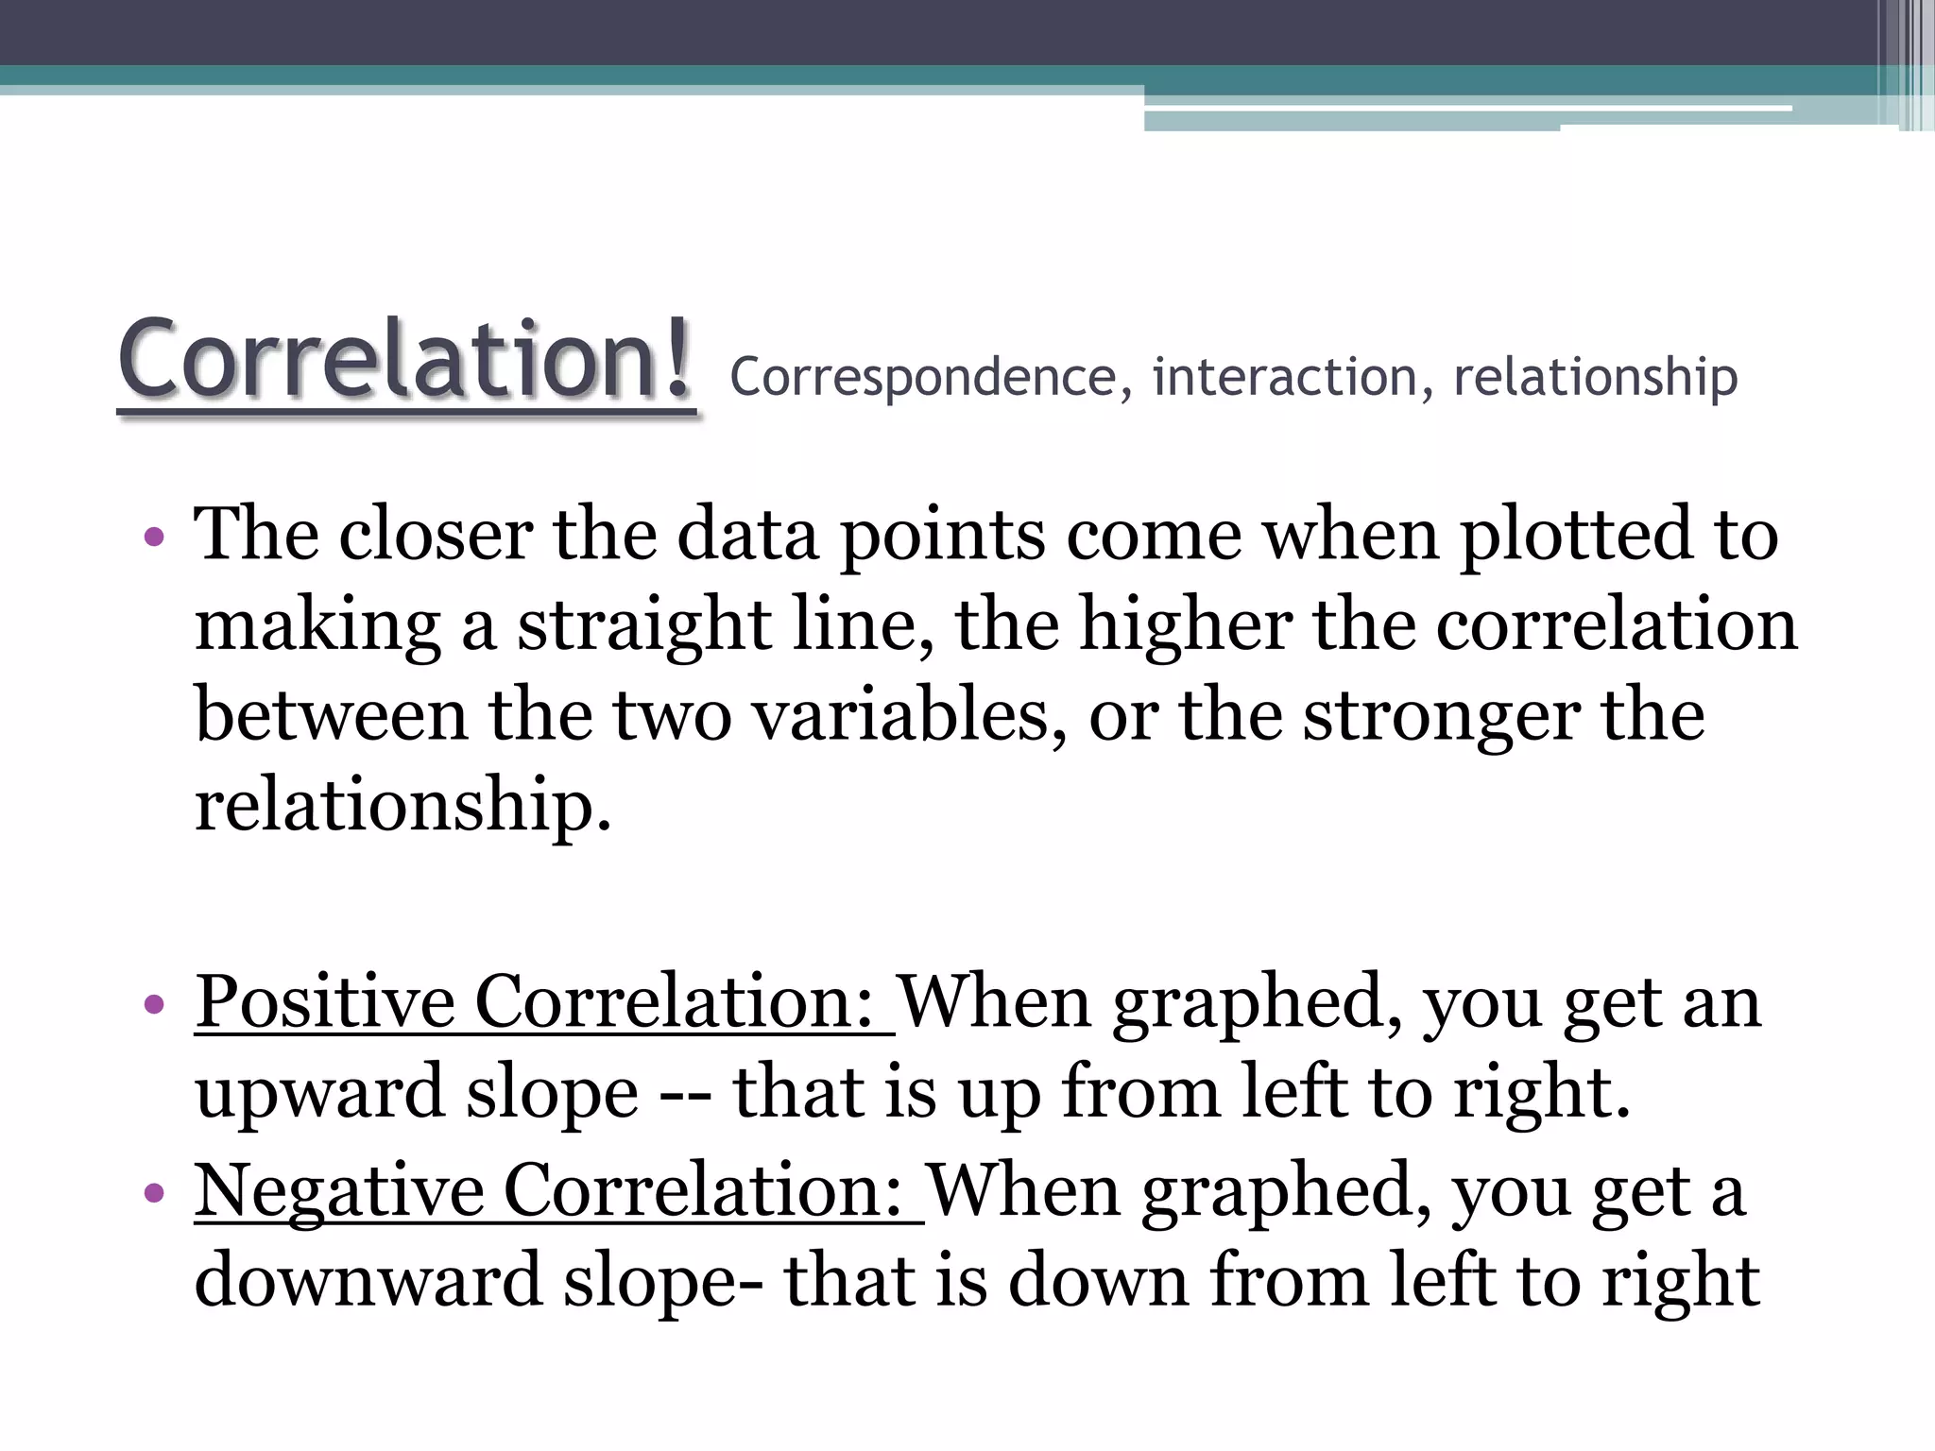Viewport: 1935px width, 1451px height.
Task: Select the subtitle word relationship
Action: pyautogui.click(x=1595, y=378)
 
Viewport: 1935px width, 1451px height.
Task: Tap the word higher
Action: pyautogui.click(x=1186, y=625)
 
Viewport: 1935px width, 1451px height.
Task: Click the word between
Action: pyautogui.click(x=331, y=716)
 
